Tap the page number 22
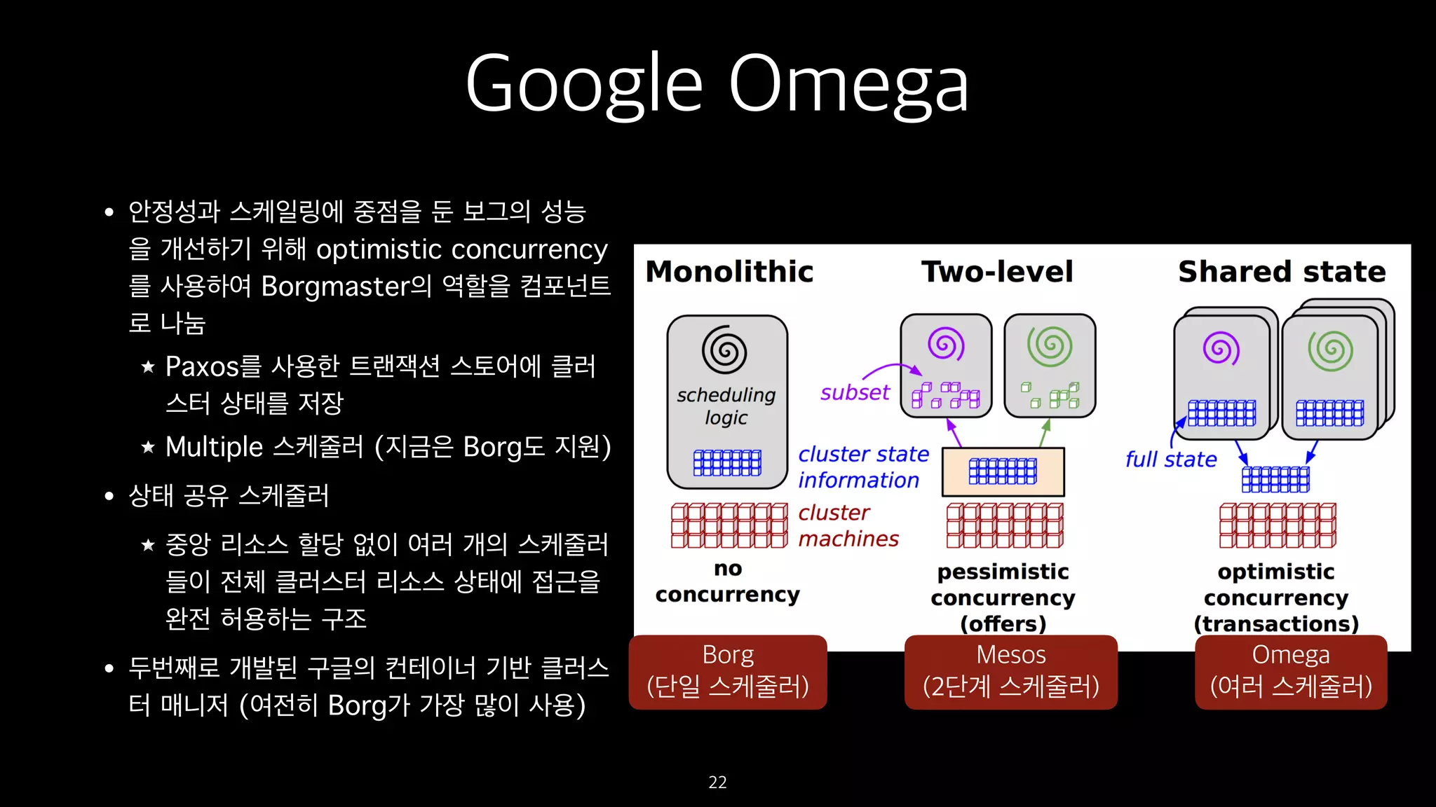[717, 782]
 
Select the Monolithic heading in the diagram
[729, 272]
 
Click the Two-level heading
[997, 272]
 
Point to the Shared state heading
[1282, 272]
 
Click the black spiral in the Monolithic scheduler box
[724, 350]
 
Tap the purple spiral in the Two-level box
[946, 344]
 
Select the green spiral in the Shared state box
[1330, 350]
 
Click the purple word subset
[855, 393]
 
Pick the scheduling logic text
[726, 406]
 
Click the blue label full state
[1171, 460]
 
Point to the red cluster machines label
[848, 525]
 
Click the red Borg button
[728, 672]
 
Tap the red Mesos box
[1010, 672]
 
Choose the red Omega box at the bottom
[1291, 672]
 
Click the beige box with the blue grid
[1003, 472]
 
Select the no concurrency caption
[728, 581]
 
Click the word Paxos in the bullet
[202, 366]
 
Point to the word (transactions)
[1276, 623]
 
